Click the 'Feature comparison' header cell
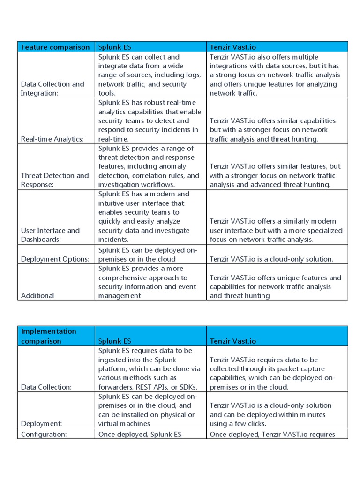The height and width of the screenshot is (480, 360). (55, 47)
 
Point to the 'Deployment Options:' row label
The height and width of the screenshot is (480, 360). (55, 259)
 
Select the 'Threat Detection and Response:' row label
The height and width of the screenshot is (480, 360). (55, 180)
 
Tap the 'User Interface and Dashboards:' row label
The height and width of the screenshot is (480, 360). (50, 235)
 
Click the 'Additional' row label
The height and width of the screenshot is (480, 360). (37, 295)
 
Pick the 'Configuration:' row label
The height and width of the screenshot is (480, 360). (44, 434)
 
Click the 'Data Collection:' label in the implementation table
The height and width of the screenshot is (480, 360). (46, 387)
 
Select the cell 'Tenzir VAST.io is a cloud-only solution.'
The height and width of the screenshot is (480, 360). (271, 259)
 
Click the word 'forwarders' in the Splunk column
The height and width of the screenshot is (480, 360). (117, 387)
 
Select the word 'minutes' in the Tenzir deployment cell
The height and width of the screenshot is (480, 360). (313, 414)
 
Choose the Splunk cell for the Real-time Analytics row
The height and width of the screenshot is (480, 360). (150, 120)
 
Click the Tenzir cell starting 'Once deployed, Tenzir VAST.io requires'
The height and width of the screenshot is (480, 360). (272, 434)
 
